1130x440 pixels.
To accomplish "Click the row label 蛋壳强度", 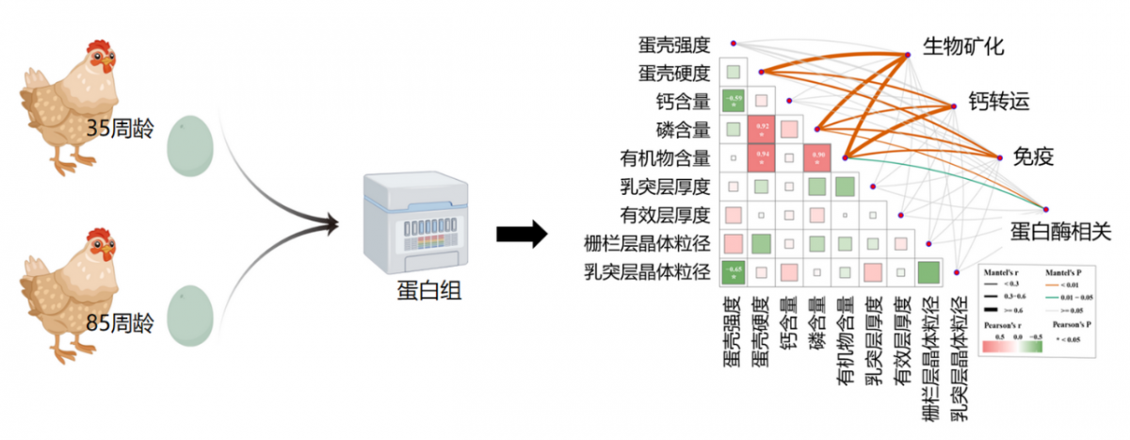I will pyautogui.click(x=673, y=44).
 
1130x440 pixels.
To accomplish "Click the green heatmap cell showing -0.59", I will pyautogui.click(x=734, y=101).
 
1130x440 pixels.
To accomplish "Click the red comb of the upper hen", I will pyautogui.click(x=97, y=47).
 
